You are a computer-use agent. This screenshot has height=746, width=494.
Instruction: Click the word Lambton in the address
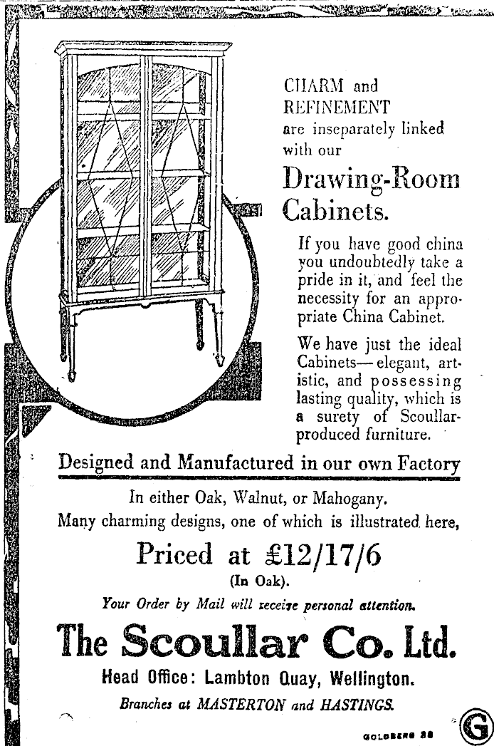(232, 680)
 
